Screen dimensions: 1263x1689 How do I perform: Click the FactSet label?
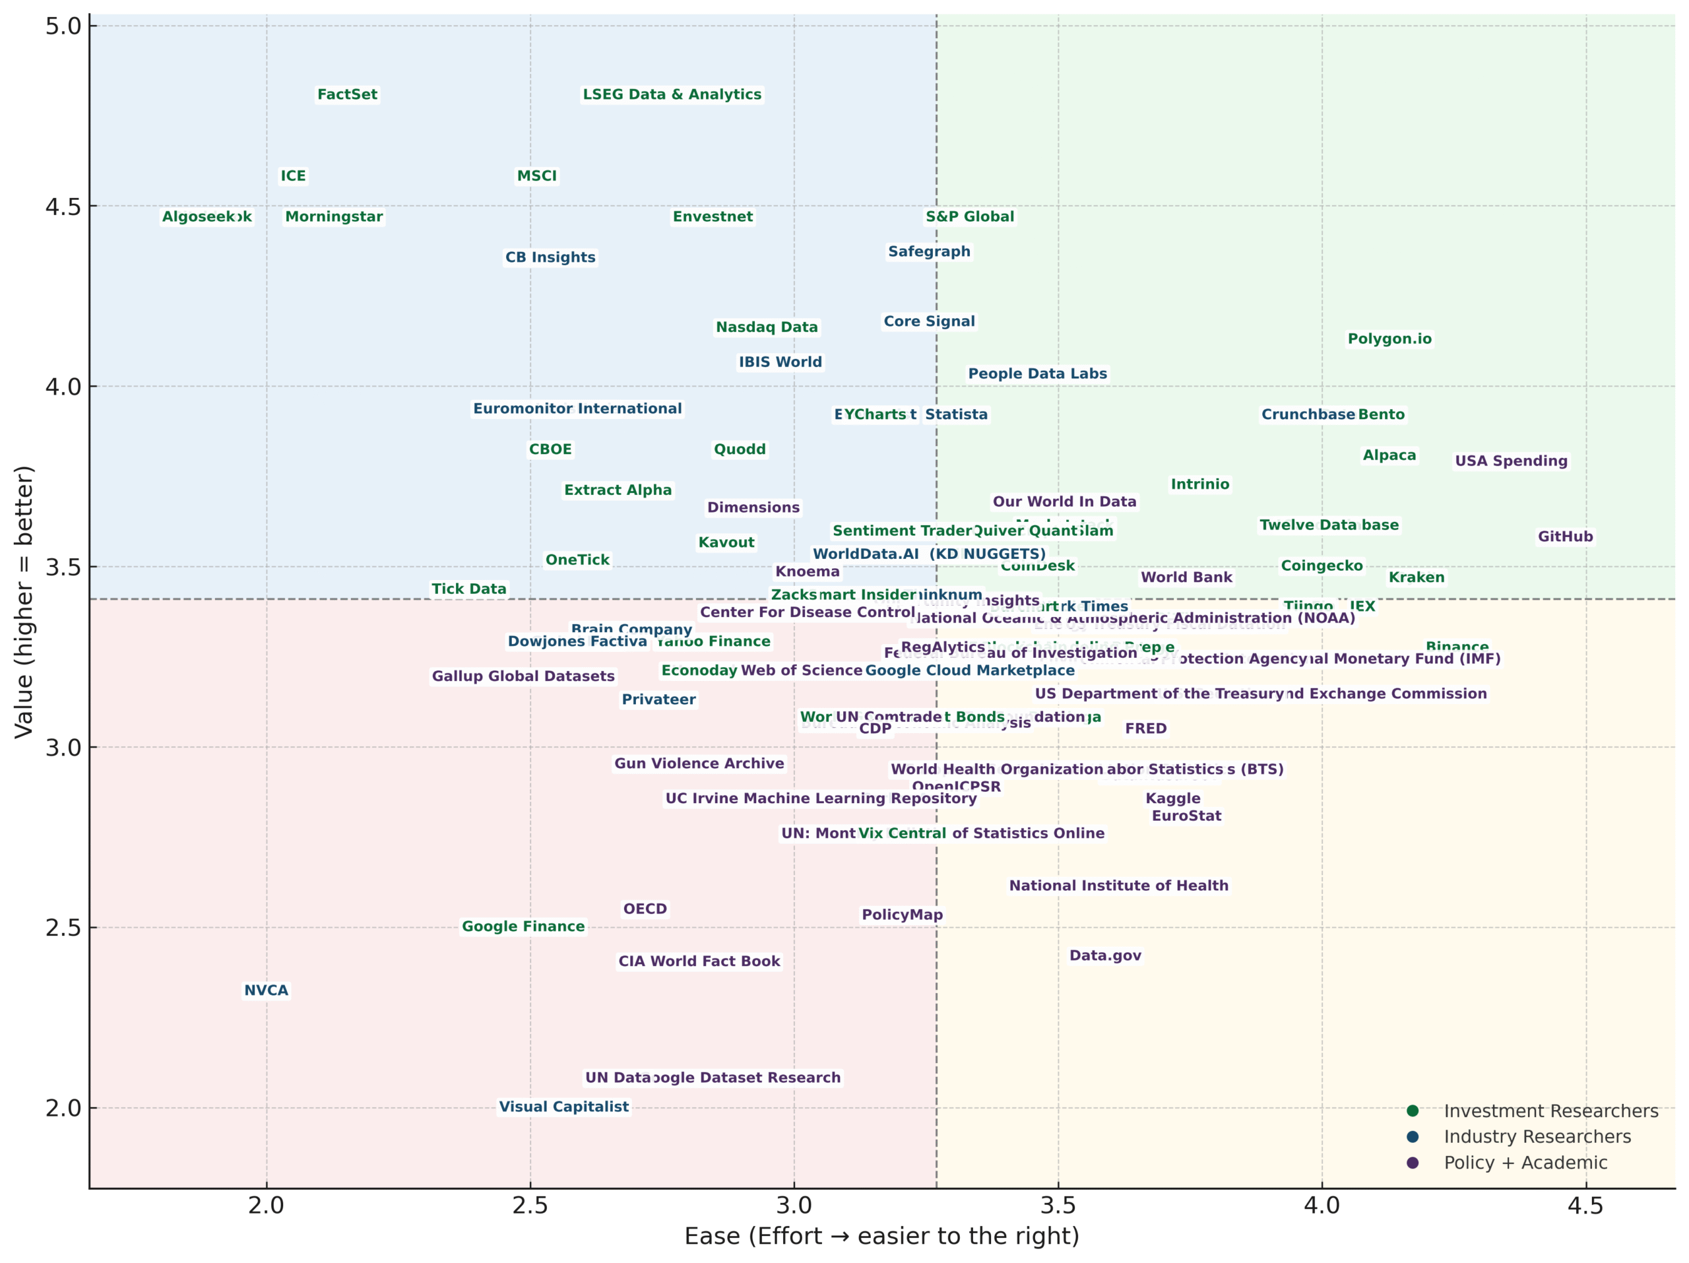click(348, 94)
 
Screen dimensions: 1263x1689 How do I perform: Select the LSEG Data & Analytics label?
click(672, 94)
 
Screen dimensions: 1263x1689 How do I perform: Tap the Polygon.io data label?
click(1389, 339)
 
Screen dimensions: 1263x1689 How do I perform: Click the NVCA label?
click(266, 990)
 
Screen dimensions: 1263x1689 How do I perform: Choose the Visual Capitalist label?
click(563, 1107)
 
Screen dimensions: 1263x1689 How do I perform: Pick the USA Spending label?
click(1510, 461)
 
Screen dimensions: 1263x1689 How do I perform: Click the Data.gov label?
click(1105, 955)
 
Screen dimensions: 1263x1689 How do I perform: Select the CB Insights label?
click(550, 257)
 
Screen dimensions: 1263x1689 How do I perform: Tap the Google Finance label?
click(523, 926)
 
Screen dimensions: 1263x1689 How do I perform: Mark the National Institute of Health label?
click(1118, 886)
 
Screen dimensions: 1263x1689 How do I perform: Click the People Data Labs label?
click(1037, 374)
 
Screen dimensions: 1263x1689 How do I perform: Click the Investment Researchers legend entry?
click(1550, 1111)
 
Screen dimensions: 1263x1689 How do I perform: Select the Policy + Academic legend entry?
click(1525, 1163)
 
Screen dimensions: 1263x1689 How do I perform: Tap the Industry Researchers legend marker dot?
click(1413, 1137)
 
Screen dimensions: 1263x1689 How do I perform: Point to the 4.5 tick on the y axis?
click(63, 206)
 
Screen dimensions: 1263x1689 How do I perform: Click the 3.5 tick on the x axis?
click(1058, 1206)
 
